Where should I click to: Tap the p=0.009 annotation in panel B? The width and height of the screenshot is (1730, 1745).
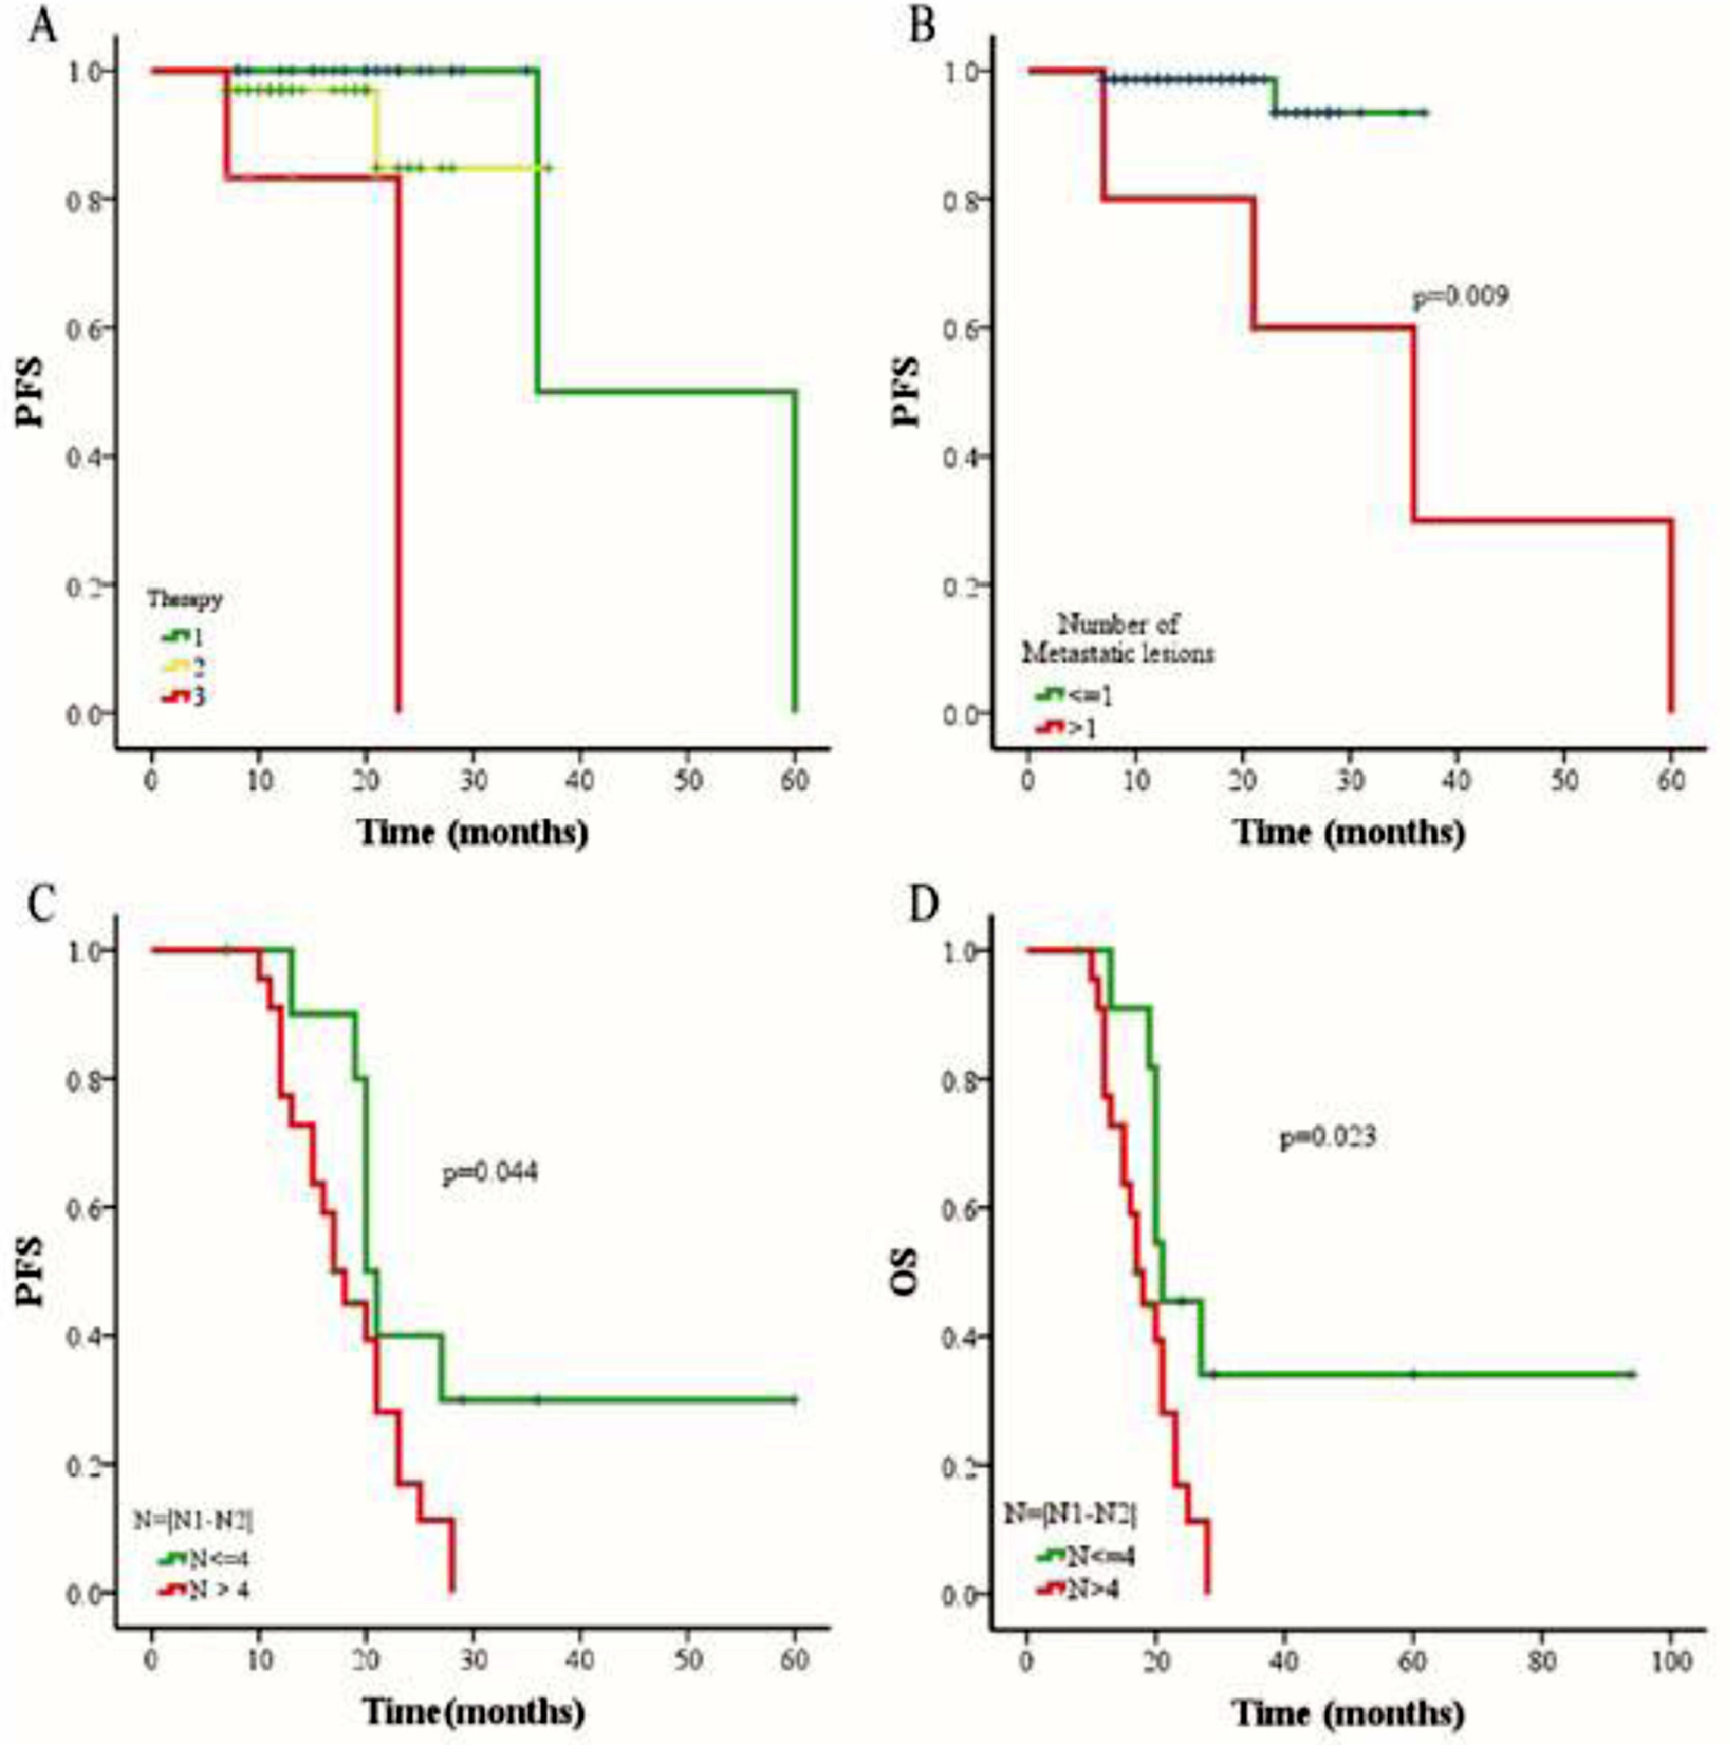[1461, 297]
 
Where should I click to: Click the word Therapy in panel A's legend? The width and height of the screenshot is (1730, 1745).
[185, 598]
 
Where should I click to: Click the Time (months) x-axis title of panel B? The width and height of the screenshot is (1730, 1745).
[1349, 831]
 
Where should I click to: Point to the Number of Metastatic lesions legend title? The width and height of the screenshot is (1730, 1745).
[1117, 638]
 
